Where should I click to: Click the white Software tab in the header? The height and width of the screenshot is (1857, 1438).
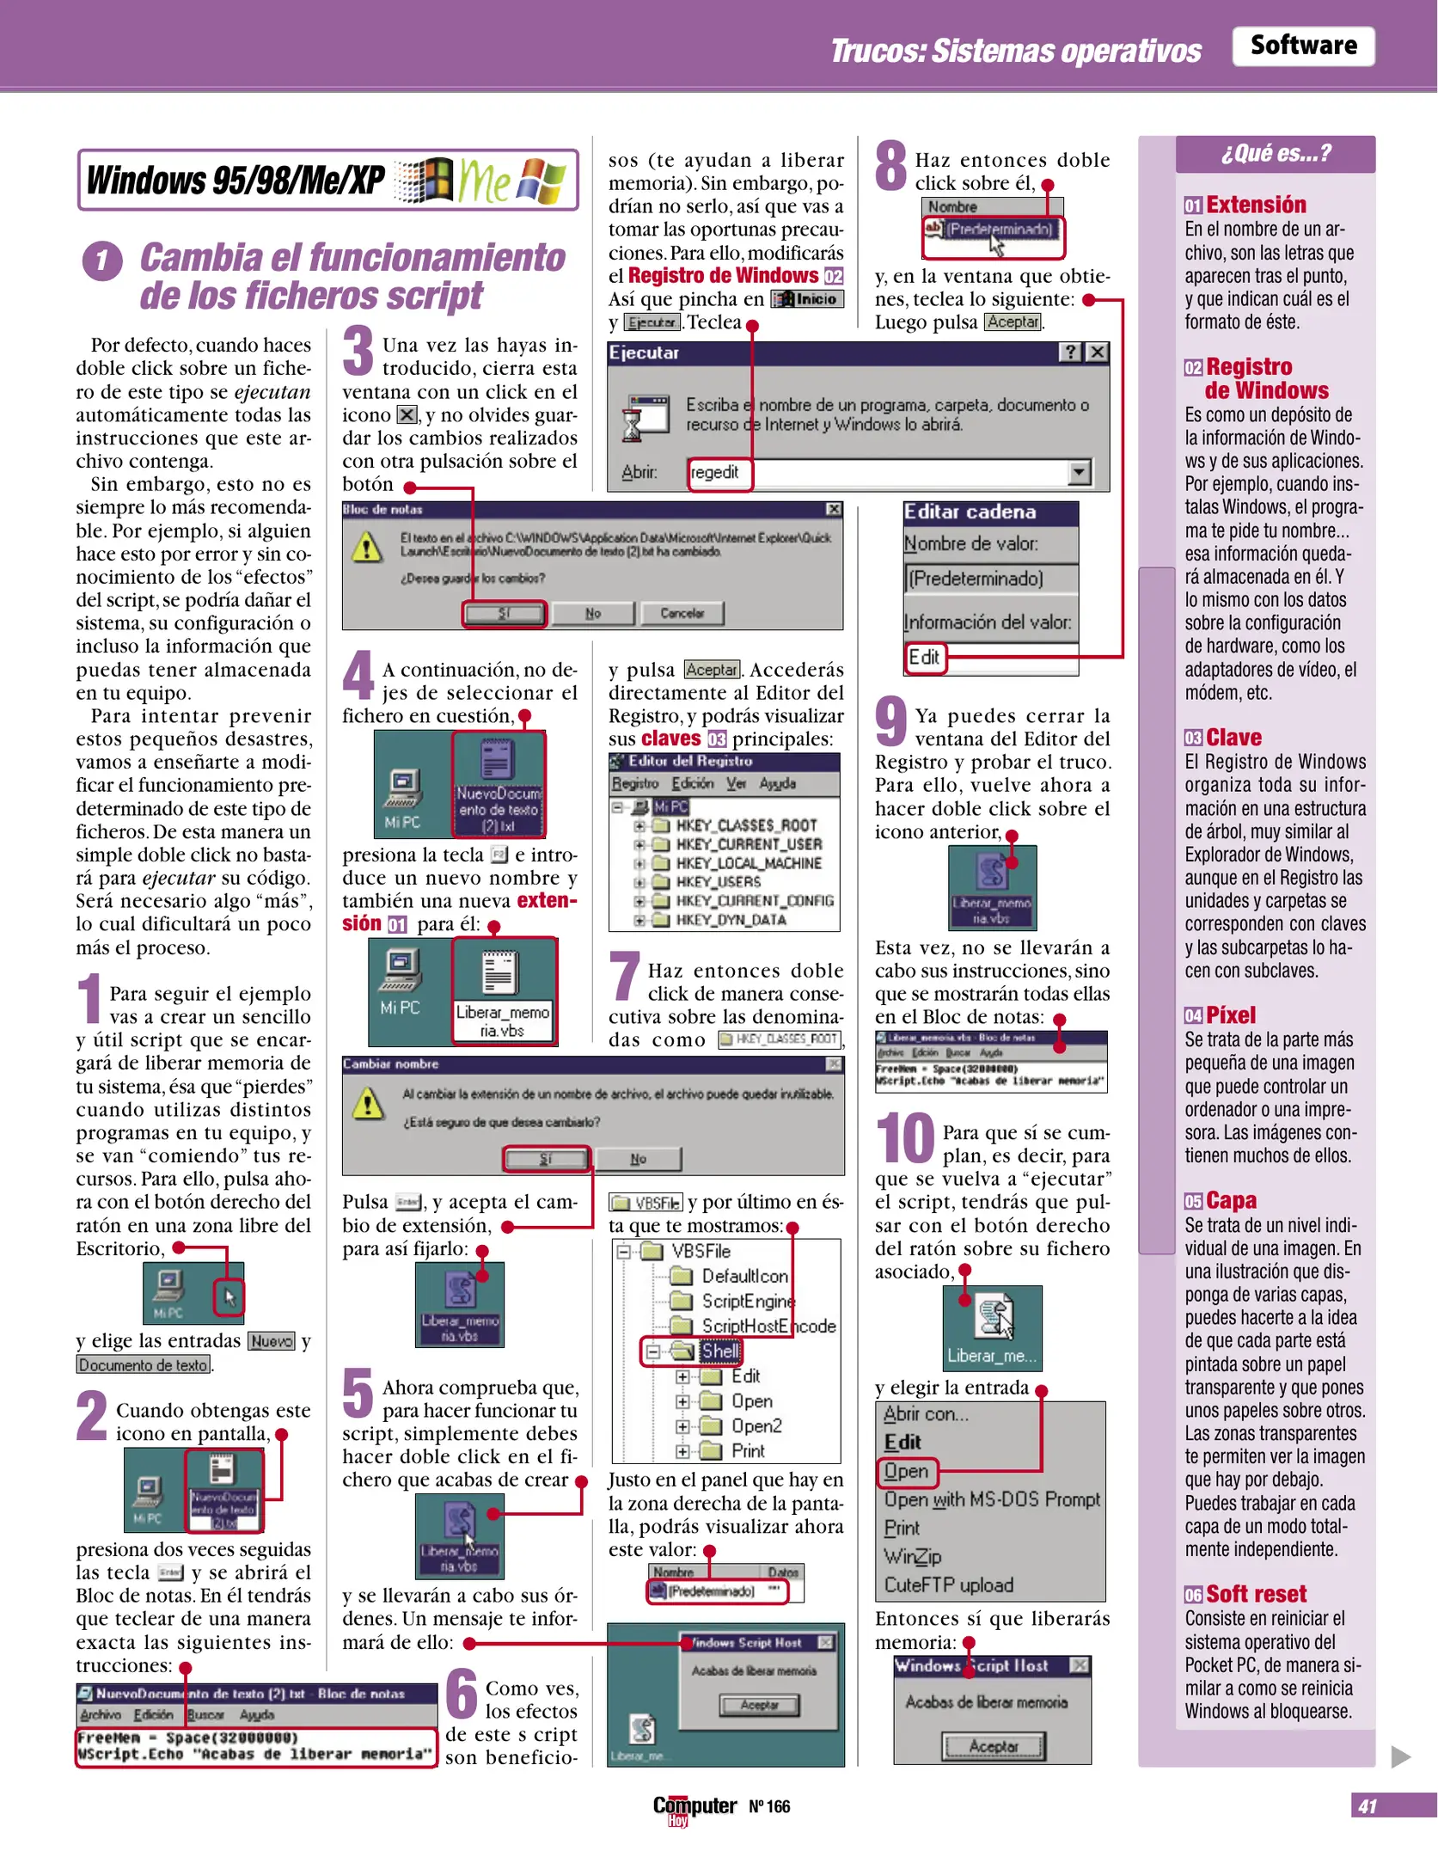(x=1302, y=46)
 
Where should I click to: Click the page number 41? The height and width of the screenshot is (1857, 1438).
(x=1367, y=1806)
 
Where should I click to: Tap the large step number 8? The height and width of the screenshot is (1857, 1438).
(x=890, y=166)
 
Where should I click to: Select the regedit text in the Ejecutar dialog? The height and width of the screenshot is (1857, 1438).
(x=715, y=473)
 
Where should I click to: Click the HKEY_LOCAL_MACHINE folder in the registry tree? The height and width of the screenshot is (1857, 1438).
(x=748, y=863)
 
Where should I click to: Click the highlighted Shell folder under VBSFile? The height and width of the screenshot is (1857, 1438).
(x=719, y=1351)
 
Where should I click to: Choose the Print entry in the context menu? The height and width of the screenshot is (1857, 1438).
(x=902, y=1529)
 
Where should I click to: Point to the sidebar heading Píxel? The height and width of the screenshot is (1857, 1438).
(x=1230, y=1015)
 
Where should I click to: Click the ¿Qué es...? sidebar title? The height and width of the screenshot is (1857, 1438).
(x=1275, y=154)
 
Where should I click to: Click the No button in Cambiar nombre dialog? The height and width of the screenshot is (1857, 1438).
(x=638, y=1159)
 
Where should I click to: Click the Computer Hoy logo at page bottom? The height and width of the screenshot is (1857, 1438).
(x=695, y=1807)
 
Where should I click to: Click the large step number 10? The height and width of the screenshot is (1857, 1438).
(x=904, y=1137)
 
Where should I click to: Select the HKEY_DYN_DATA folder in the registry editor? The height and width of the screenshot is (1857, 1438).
(x=730, y=920)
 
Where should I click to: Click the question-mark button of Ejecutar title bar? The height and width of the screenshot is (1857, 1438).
(x=1070, y=352)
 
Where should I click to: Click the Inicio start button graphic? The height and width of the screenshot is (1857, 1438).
(x=807, y=299)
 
